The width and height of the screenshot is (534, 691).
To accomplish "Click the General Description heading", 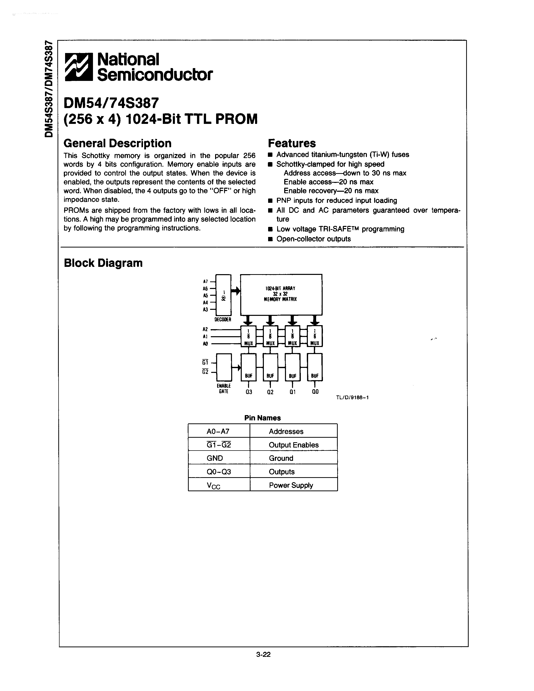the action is (x=117, y=143).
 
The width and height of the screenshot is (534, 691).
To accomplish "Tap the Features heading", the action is (x=292, y=143).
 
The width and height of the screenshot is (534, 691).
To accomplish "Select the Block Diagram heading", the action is (x=103, y=263).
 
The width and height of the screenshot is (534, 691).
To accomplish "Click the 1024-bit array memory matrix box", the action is (x=281, y=294).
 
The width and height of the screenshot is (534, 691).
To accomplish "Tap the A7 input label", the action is (x=205, y=281).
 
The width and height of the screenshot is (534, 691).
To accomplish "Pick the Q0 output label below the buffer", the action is (x=315, y=392).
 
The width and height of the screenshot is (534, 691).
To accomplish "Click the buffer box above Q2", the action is (x=270, y=367).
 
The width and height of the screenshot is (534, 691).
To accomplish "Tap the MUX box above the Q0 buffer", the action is (x=315, y=336).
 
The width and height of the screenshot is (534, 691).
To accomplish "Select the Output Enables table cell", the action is (x=294, y=445).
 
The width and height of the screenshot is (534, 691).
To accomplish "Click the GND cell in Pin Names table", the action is (x=215, y=458).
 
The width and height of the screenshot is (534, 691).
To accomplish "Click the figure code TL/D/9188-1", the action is (x=352, y=398).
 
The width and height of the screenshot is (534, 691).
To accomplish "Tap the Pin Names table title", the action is (x=262, y=418).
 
